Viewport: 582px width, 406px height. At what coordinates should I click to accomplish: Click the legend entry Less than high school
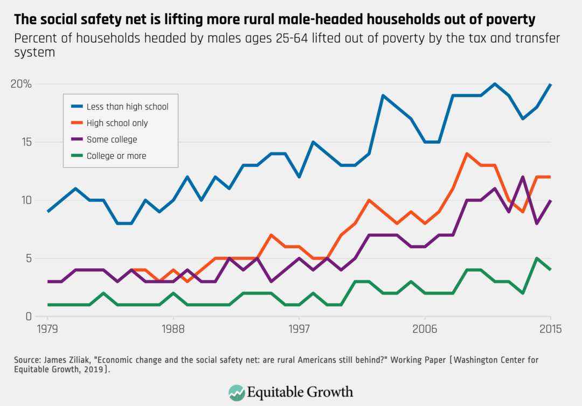pyautogui.click(x=127, y=107)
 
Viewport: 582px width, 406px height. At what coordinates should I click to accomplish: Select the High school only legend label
pyautogui.click(x=117, y=123)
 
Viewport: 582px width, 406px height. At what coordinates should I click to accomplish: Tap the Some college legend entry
pyautogui.click(x=112, y=139)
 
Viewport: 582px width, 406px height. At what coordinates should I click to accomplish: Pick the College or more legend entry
pyautogui.click(x=116, y=156)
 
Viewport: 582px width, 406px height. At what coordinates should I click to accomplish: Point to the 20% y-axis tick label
pyautogui.click(x=21, y=85)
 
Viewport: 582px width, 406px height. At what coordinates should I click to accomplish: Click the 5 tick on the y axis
pyautogui.click(x=27, y=258)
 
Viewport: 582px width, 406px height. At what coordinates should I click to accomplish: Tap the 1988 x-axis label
pyautogui.click(x=174, y=328)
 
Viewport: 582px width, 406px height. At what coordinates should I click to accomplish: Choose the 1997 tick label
pyautogui.click(x=299, y=328)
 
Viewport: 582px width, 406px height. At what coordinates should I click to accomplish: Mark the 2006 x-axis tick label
pyautogui.click(x=425, y=328)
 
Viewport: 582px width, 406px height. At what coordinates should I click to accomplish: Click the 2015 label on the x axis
pyautogui.click(x=550, y=328)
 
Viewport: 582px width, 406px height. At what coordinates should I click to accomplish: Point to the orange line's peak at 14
pyautogui.click(x=467, y=153)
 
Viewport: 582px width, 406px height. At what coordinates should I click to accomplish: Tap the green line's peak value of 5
pyautogui.click(x=537, y=258)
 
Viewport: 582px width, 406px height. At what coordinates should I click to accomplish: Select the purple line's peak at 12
pyautogui.click(x=523, y=177)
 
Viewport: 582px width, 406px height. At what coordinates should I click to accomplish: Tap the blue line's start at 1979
pyautogui.click(x=48, y=212)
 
